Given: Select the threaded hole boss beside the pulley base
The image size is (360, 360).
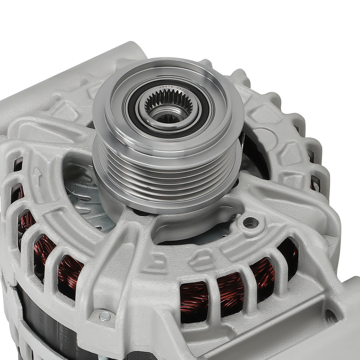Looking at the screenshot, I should tap(251, 223).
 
